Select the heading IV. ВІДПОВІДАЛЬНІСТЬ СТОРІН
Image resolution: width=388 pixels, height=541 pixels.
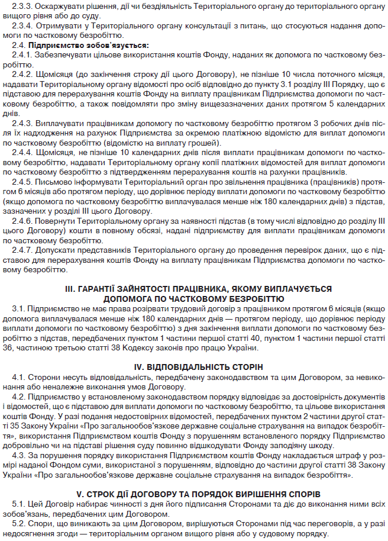[194, 366]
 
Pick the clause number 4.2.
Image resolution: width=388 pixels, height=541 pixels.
[19, 396]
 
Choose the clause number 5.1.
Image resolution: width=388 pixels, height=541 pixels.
[19, 503]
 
